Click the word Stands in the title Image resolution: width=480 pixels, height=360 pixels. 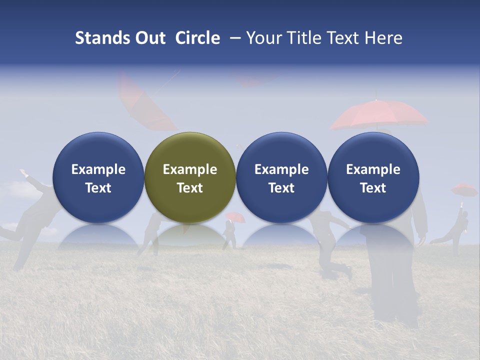pos(102,38)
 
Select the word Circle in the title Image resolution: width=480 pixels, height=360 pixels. pos(197,38)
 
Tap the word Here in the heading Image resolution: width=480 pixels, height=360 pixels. pos(385,38)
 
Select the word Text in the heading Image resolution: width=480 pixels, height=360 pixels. pos(344,38)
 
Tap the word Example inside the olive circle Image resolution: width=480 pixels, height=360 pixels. pos(189,169)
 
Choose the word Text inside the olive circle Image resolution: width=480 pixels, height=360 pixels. pos(189,188)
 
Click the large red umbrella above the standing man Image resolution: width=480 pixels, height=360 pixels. pos(378,114)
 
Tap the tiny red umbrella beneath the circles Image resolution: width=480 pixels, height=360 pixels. pos(234,216)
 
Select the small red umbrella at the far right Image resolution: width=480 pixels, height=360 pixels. pos(464,189)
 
